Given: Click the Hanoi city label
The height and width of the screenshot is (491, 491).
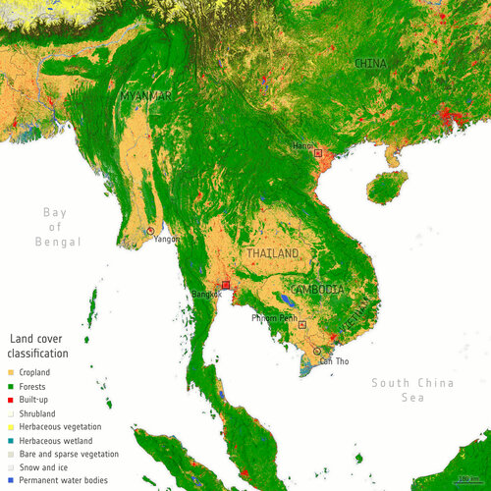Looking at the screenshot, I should (x=303, y=146).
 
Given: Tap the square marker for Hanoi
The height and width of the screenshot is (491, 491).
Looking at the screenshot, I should (x=317, y=153).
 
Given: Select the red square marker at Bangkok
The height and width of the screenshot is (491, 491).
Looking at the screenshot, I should (x=225, y=284).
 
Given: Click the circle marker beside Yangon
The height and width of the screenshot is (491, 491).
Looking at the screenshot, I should (x=150, y=231).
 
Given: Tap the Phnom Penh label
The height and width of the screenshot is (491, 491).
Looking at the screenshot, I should (x=273, y=318).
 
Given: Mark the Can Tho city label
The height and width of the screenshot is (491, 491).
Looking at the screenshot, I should (x=334, y=361).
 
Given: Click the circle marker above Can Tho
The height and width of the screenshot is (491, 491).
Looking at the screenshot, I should (x=316, y=351).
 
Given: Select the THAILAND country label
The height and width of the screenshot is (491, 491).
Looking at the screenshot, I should (x=272, y=253).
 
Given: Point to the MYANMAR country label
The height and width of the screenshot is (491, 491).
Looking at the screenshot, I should (x=148, y=95).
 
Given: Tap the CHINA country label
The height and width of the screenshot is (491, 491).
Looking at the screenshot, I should (x=370, y=64).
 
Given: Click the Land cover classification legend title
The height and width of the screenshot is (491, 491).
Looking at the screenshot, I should (x=38, y=346).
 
